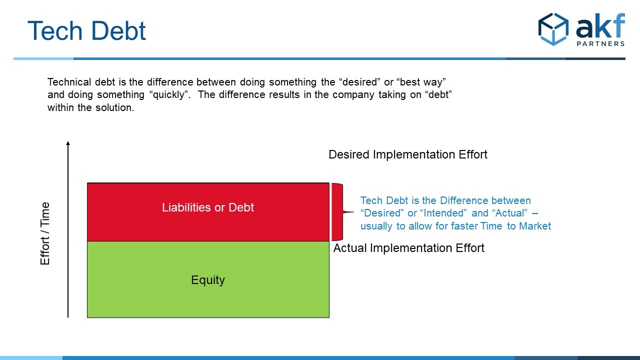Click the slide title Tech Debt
click(x=86, y=30)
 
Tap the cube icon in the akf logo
click(x=553, y=29)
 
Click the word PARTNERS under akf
click(x=600, y=43)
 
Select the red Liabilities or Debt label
click(x=207, y=207)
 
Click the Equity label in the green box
click(x=207, y=280)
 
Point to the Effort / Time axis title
click(x=45, y=233)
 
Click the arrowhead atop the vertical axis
click(x=68, y=143)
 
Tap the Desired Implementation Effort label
click(x=407, y=154)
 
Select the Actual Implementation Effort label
click(x=408, y=248)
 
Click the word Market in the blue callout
click(x=535, y=226)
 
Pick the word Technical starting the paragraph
click(x=69, y=82)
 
